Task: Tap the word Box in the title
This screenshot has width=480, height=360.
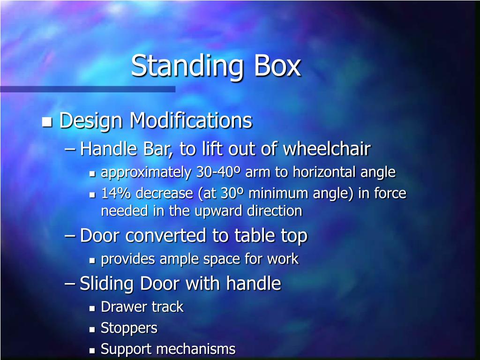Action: point(277,66)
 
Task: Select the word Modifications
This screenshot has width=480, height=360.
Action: point(191,120)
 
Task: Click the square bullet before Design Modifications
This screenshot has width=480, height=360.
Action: point(46,122)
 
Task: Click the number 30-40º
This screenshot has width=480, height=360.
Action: point(218,172)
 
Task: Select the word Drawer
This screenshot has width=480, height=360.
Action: point(119,307)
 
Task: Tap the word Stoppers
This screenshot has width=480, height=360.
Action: point(129,328)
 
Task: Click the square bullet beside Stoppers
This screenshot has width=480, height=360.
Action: point(92,330)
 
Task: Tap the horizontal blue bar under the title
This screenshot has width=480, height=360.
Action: point(88,89)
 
